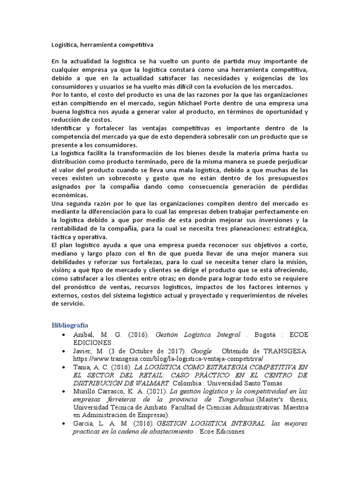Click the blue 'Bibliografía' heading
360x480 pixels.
click(x=69, y=325)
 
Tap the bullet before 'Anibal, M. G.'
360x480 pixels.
click(x=63, y=334)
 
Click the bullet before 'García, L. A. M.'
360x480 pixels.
click(x=63, y=423)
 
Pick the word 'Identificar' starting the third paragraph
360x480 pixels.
click(x=68, y=128)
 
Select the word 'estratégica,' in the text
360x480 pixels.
click(x=289, y=228)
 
